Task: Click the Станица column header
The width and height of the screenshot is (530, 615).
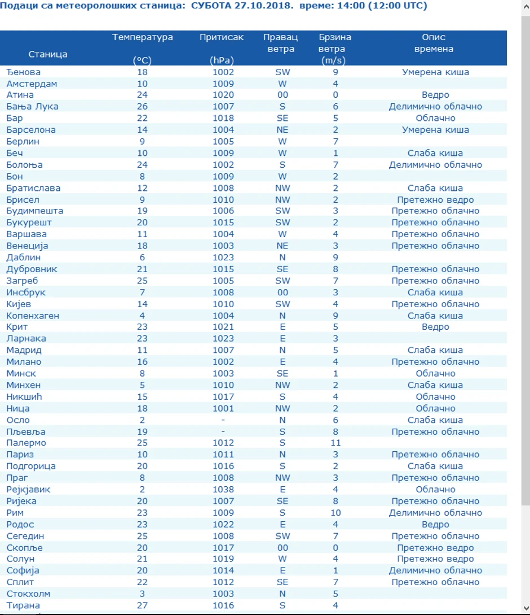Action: (x=48, y=54)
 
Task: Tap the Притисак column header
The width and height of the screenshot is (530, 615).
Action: (x=222, y=37)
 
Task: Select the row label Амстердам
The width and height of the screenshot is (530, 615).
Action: (x=32, y=84)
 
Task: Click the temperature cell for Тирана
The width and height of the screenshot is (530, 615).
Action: (x=142, y=605)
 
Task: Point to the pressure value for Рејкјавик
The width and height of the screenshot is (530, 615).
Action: (x=223, y=490)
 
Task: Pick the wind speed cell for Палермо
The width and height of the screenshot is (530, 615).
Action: (x=335, y=443)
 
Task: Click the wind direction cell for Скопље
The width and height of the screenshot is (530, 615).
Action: (x=282, y=547)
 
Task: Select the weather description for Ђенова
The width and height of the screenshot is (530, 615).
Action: (x=435, y=72)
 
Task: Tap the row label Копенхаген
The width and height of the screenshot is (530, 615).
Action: (x=33, y=316)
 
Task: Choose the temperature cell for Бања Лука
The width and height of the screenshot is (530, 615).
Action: (x=142, y=107)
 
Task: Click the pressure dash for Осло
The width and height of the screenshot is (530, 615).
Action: (x=223, y=420)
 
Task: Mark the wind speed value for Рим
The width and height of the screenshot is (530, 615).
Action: (x=335, y=513)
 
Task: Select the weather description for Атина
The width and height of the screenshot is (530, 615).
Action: (x=435, y=95)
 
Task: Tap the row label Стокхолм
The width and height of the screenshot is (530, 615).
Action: (x=28, y=594)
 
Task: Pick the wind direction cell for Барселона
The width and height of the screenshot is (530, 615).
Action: (x=282, y=130)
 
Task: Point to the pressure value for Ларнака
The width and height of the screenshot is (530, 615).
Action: (x=223, y=339)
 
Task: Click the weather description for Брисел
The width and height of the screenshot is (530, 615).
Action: (x=435, y=199)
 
